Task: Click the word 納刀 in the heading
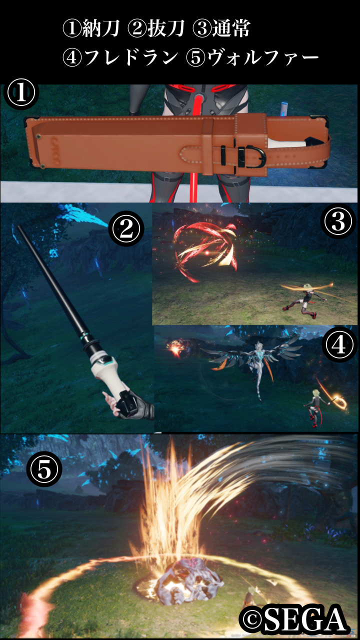tap(100, 29)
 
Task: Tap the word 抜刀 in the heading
tap(165, 29)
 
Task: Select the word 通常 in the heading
tap(231, 29)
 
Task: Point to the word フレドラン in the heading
tap(131, 57)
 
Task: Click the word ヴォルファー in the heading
tap(263, 57)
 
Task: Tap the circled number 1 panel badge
tap(21, 94)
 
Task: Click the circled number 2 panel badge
tap(126, 229)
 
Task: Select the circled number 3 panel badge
tap(338, 222)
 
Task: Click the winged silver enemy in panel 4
tap(254, 363)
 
